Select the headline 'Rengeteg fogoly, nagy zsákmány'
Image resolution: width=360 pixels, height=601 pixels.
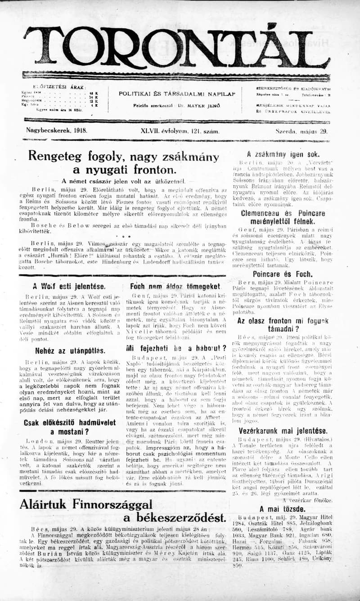pos(123,157)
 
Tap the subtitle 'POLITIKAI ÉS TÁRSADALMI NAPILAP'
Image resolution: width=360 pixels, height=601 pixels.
pos(177,94)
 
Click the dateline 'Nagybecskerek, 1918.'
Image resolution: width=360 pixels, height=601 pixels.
pos(57,131)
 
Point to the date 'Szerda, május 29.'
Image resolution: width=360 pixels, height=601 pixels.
pos(301,131)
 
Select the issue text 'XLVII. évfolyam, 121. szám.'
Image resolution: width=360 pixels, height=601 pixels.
pos(180,131)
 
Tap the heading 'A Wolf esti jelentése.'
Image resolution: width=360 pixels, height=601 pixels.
pos(69,286)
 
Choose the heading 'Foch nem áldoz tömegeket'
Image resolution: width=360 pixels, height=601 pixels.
pos(175,286)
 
